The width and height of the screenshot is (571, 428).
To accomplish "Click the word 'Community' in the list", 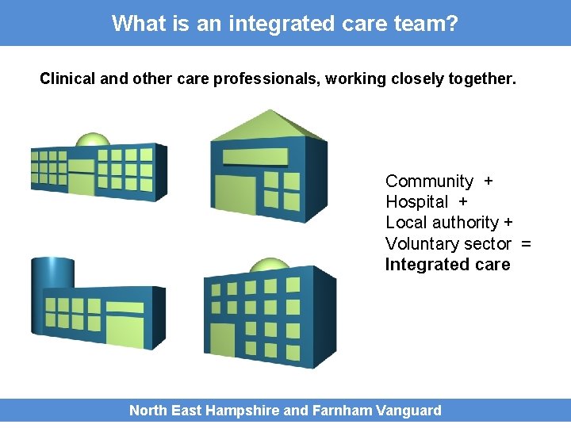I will [x=429, y=182].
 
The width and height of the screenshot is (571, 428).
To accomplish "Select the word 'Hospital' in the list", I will [x=416, y=202].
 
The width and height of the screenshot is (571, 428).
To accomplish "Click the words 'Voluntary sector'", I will [x=448, y=244].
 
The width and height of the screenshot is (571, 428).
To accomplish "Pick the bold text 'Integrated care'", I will [x=447, y=265].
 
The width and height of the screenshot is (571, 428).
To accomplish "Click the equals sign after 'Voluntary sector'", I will [x=526, y=244].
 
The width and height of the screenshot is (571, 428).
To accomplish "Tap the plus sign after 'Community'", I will [x=488, y=182].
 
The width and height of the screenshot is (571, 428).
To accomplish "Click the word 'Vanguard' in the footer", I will [x=409, y=411].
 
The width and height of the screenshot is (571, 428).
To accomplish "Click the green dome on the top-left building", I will [x=92, y=141].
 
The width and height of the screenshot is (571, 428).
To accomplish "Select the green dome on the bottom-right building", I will [x=270, y=266].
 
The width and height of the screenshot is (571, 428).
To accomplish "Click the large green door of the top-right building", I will [x=236, y=195].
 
